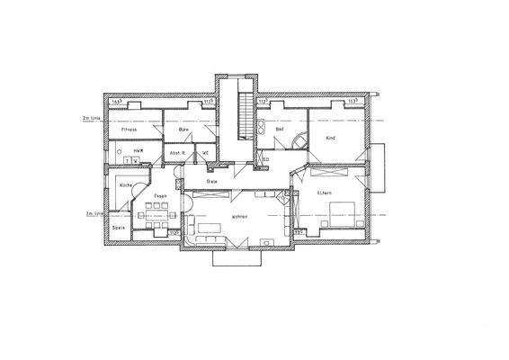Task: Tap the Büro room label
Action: [x=183, y=130]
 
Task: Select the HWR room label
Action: [x=139, y=149]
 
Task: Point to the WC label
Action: [x=206, y=152]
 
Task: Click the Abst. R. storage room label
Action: [x=178, y=153]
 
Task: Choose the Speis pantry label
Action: [x=118, y=228]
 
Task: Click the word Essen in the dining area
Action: [x=160, y=195]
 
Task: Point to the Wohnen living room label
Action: [x=238, y=217]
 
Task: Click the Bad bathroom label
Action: [x=280, y=130]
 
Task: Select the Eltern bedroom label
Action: [x=325, y=193]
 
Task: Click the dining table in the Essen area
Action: [x=158, y=210]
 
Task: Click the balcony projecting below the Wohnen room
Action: [x=237, y=256]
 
